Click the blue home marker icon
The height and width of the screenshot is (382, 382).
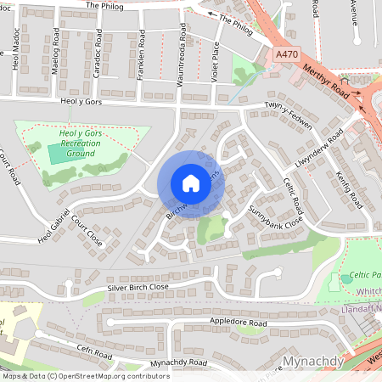click(x=191, y=183)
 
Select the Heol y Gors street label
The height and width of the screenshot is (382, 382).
click(x=81, y=100)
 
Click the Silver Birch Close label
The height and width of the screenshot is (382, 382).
click(x=138, y=289)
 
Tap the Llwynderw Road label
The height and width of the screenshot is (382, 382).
click(x=320, y=149)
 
